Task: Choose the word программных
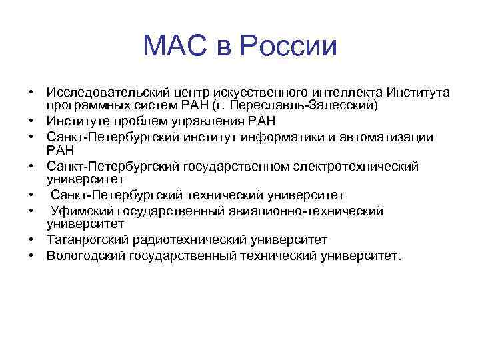(86, 105)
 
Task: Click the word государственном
(241, 166)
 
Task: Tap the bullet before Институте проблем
(31, 121)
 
